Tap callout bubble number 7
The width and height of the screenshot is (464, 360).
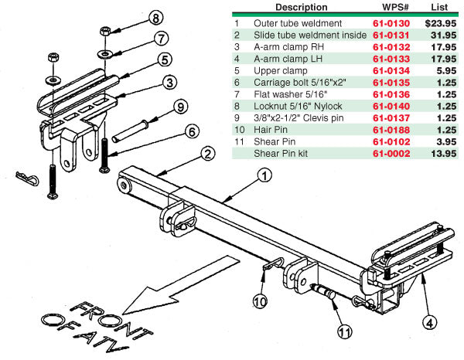pos(161,38)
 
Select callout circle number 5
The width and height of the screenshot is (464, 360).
pos(165,59)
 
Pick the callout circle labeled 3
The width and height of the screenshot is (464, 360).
pos(169,81)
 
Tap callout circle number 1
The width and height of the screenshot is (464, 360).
pos(264,175)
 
